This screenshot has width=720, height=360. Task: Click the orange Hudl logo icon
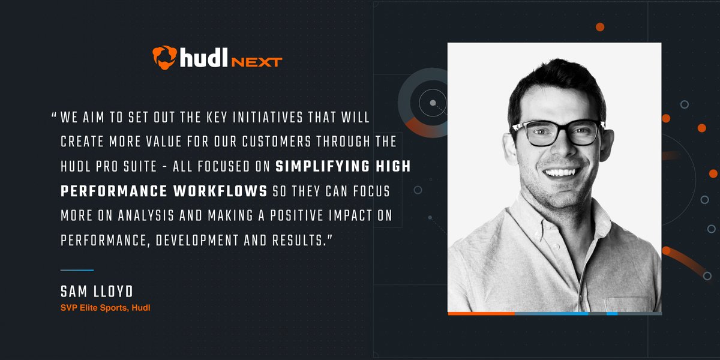(x=164, y=57)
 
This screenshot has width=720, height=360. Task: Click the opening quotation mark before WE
(x=55, y=116)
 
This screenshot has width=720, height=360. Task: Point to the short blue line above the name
(x=77, y=270)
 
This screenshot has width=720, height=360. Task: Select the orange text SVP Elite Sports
(x=96, y=308)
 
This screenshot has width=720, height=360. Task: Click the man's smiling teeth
(x=561, y=172)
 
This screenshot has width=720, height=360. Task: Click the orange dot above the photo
(x=599, y=27)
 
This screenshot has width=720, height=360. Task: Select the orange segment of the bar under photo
(x=481, y=313)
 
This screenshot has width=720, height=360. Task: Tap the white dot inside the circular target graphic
(x=433, y=103)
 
